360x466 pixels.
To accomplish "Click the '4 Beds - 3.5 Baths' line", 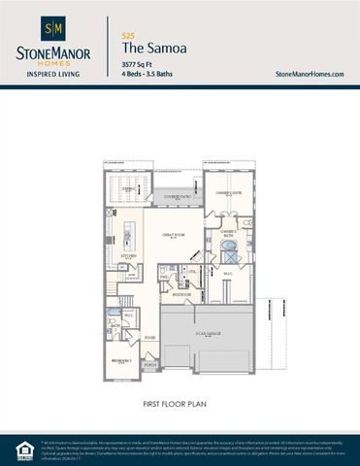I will point(149,74).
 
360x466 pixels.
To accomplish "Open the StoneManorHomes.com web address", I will point(311,74).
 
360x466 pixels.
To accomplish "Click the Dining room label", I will point(128,190).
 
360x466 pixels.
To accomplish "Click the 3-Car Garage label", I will point(206,333).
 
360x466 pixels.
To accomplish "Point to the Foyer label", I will point(150,339).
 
